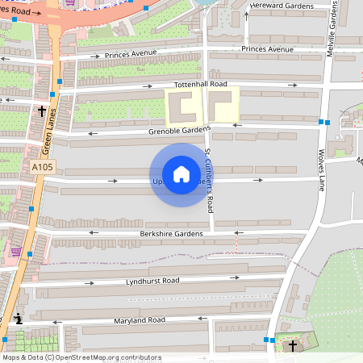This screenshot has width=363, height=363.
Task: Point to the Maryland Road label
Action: pyautogui.click(x=139, y=320)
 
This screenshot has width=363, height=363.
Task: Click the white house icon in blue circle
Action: pyautogui.click(x=181, y=174)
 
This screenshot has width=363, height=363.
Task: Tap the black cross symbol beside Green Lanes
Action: pyautogui.click(x=41, y=110)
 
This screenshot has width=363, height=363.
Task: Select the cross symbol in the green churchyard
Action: pyautogui.click(x=292, y=345)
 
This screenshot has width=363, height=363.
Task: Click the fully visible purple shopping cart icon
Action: pyautogui.click(x=16, y=252)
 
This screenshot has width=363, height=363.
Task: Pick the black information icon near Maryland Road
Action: pyautogui.click(x=19, y=320)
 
